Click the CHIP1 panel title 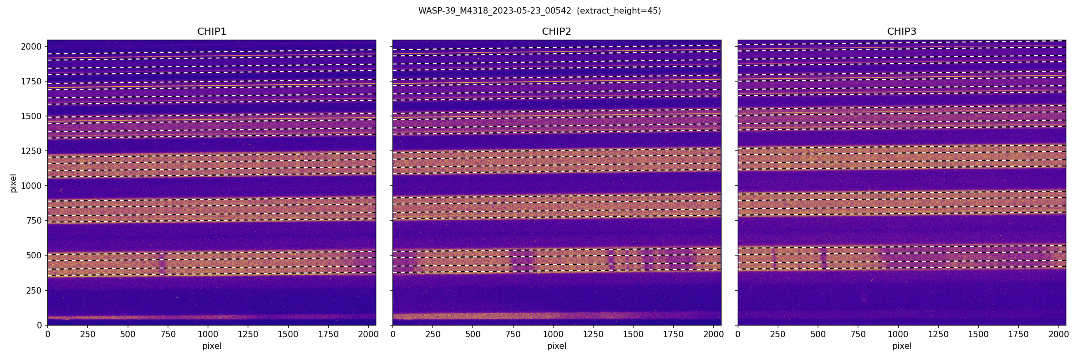pos(212,32)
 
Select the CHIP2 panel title pos(556,32)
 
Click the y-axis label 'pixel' pos(14,183)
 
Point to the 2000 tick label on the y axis pos(31,46)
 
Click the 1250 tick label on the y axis pos(31,151)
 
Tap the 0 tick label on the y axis pos(40,325)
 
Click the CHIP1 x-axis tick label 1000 pos(208,334)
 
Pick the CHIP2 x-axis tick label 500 pos(473,334)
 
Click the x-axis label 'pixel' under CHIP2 pos(556,346)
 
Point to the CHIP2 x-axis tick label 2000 pos(713,334)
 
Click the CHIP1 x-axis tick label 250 pos(88,334)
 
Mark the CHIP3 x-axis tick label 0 pos(738,334)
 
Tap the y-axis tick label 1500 pos(31,116)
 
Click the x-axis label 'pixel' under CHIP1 pos(212,346)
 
